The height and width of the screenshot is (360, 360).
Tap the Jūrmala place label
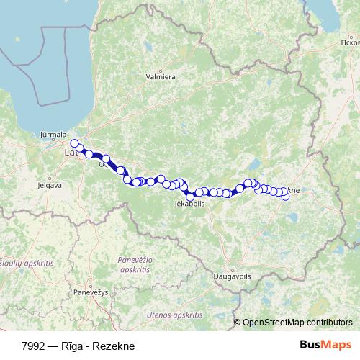pyautogui.click(x=53, y=134)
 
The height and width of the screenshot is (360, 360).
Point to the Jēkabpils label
pyautogui.click(x=190, y=204)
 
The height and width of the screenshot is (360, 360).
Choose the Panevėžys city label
pyautogui.click(x=90, y=292)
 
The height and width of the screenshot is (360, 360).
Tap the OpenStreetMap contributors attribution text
pyautogui.click(x=297, y=323)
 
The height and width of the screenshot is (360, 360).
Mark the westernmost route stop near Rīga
pyautogui.click(x=74, y=143)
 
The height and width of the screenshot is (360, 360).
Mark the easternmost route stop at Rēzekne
pyautogui.click(x=286, y=197)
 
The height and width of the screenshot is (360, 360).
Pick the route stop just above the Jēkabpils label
pyautogui.click(x=190, y=196)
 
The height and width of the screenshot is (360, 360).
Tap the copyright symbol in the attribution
pyautogui.click(x=237, y=323)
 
